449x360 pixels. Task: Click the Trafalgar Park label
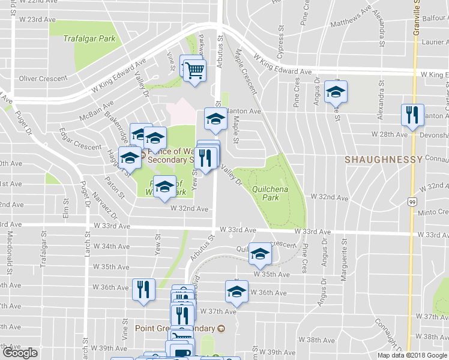click(89, 38)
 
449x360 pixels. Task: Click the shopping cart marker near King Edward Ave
click(194, 71)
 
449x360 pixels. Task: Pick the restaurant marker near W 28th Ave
click(412, 115)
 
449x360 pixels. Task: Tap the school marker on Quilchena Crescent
click(260, 254)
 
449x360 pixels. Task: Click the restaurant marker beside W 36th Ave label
click(143, 290)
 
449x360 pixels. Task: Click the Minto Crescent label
click(433, 212)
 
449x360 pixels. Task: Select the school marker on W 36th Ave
click(237, 292)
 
